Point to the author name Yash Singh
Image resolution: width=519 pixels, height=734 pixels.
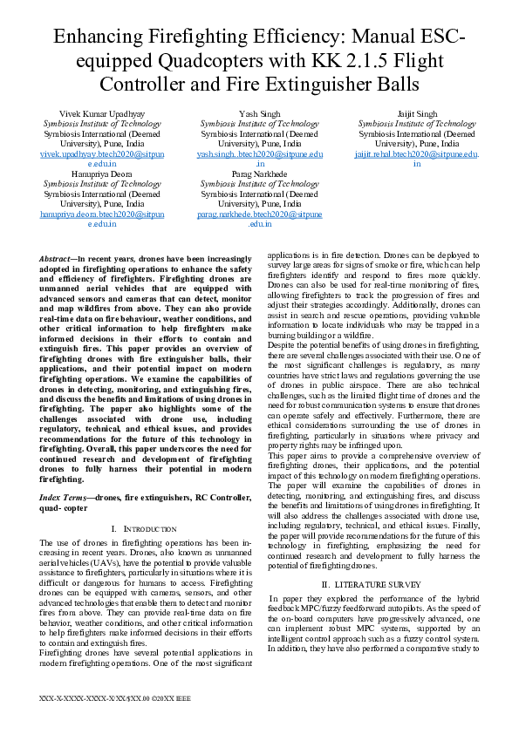point(259,114)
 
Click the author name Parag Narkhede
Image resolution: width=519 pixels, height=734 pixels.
point(259,174)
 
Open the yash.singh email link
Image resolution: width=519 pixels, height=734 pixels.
point(259,153)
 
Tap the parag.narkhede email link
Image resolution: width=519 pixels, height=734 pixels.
point(259,214)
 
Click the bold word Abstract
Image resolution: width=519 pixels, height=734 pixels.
point(58,260)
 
